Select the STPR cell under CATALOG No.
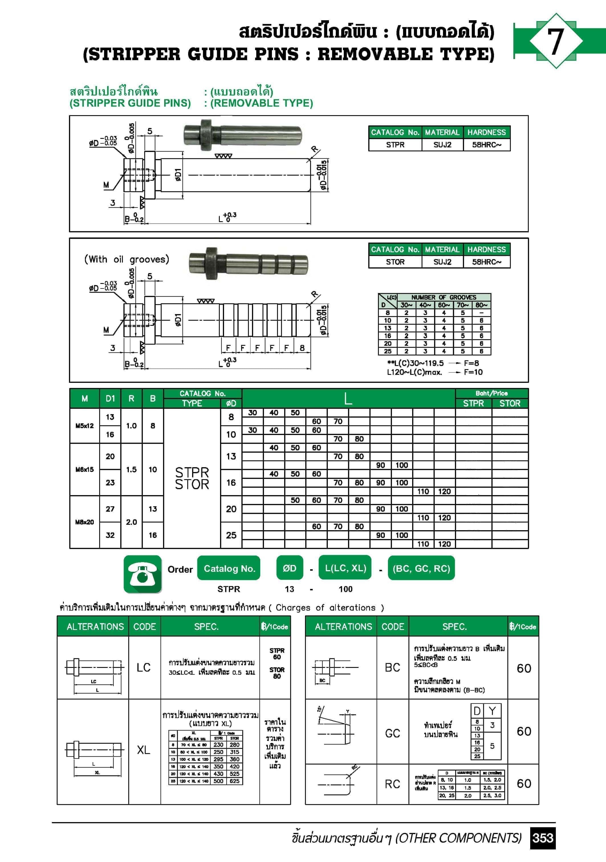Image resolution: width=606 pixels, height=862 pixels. [395, 145]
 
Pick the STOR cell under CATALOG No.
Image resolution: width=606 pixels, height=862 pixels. [395, 262]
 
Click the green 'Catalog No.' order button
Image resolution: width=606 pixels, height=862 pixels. [229, 568]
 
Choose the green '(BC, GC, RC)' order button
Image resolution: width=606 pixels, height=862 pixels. [421, 568]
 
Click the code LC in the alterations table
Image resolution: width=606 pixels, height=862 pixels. [144, 667]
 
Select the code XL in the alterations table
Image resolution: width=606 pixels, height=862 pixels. [144, 750]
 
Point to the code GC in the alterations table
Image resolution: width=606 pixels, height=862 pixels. [392, 733]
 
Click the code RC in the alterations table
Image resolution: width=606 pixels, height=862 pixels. [392, 784]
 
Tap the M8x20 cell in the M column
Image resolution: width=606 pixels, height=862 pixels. [84, 522]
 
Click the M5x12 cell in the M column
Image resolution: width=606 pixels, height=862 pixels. [84, 426]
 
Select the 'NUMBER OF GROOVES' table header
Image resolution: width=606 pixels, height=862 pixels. [444, 297]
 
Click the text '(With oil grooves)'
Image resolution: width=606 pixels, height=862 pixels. [127, 259]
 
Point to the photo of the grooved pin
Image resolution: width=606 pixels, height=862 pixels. [248, 263]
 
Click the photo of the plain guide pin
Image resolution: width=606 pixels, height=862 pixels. [243, 135]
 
